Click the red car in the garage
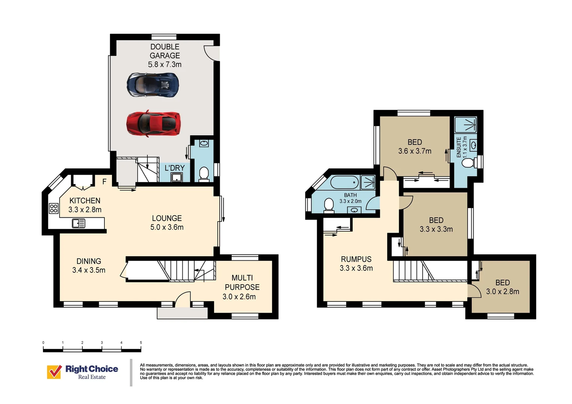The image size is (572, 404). [153, 123]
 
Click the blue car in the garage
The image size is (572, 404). [153, 85]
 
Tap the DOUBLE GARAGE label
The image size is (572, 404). [165, 55]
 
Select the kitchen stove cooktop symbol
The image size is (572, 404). [54, 208]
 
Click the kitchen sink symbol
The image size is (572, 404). [79, 223]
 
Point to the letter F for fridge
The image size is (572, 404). [104, 182]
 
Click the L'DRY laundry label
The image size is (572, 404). [174, 168]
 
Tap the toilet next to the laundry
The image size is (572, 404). [204, 174]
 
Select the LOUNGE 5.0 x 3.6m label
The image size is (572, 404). [167, 223]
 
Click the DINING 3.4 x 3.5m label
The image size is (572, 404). [89, 266]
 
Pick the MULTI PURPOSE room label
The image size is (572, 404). [242, 287]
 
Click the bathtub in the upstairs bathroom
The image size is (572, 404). [344, 183]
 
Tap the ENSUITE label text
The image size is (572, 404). [459, 147]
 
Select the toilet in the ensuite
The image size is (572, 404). [468, 163]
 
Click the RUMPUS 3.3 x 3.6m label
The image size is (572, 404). [356, 264]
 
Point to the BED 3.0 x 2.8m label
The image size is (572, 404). [502, 287]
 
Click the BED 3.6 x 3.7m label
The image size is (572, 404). [415, 147]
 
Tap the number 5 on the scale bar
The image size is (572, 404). [141, 343]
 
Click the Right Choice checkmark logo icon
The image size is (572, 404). [54, 372]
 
